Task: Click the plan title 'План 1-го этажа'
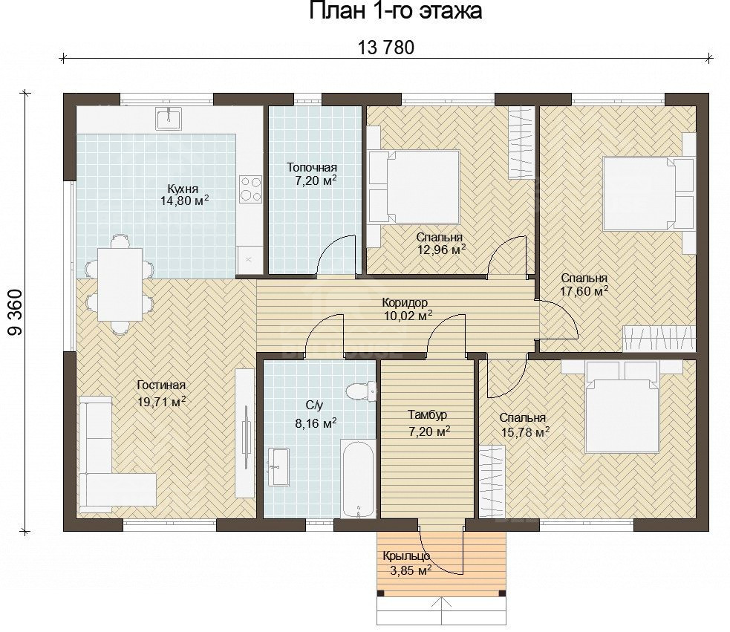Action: tap(395, 10)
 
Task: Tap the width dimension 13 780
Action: tap(385, 48)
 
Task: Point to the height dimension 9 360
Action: tap(16, 312)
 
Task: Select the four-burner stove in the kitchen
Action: tap(250, 189)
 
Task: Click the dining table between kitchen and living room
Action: tap(120, 284)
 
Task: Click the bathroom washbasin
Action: tap(278, 466)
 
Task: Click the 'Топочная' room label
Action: tap(311, 167)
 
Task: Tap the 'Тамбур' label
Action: tap(428, 414)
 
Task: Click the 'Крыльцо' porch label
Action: tap(406, 556)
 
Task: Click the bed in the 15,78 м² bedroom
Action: tap(622, 407)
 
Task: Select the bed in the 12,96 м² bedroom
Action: tap(414, 186)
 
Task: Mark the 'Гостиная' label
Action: tap(162, 385)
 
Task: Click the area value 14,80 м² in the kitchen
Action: tap(184, 201)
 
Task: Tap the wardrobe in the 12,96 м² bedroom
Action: tap(520, 143)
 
